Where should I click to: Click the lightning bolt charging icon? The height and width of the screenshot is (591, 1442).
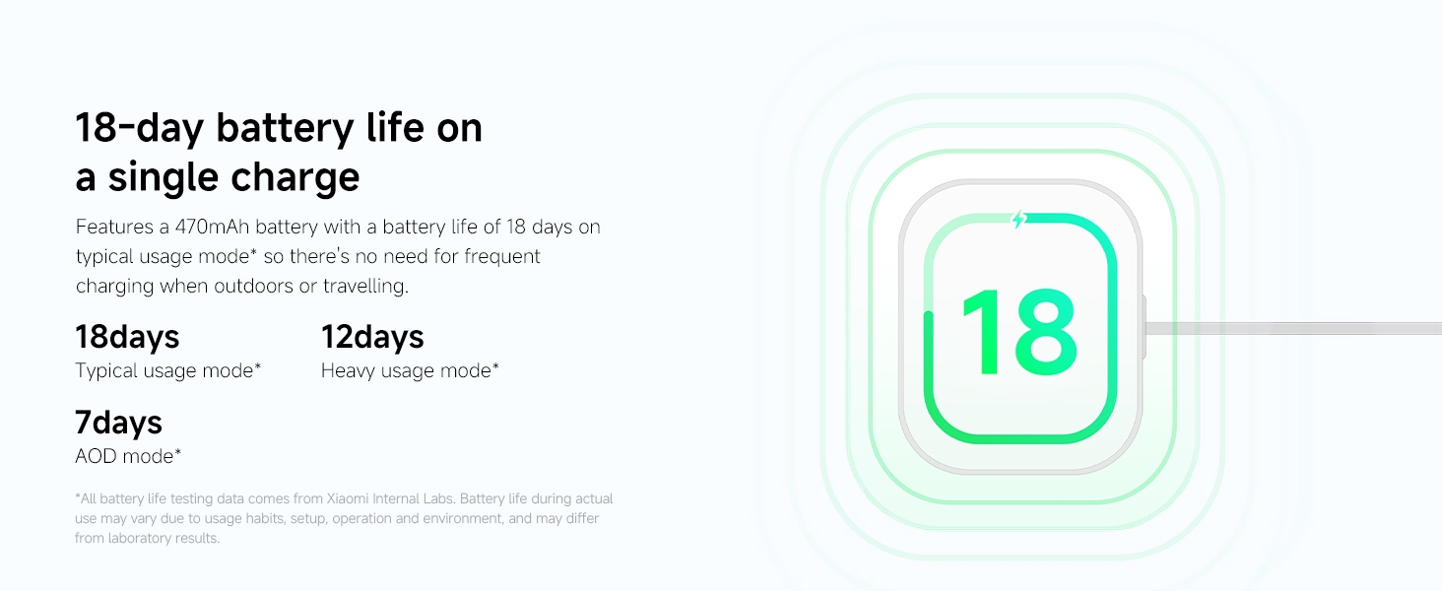click(x=1019, y=220)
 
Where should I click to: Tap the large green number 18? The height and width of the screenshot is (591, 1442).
click(x=1019, y=332)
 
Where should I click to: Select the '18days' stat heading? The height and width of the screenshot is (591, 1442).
click(x=127, y=337)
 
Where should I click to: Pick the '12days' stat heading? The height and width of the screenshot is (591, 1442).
click(x=372, y=337)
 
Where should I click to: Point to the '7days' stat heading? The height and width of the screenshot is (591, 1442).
click(x=118, y=423)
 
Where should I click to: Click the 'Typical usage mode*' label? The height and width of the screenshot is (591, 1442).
click(x=168, y=370)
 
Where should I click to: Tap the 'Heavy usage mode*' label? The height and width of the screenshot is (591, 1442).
click(x=410, y=370)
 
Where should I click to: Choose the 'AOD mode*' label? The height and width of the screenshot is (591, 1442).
click(x=128, y=456)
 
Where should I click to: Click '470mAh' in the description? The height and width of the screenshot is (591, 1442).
click(x=212, y=227)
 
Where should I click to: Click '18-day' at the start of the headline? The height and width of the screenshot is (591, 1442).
click(x=140, y=128)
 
